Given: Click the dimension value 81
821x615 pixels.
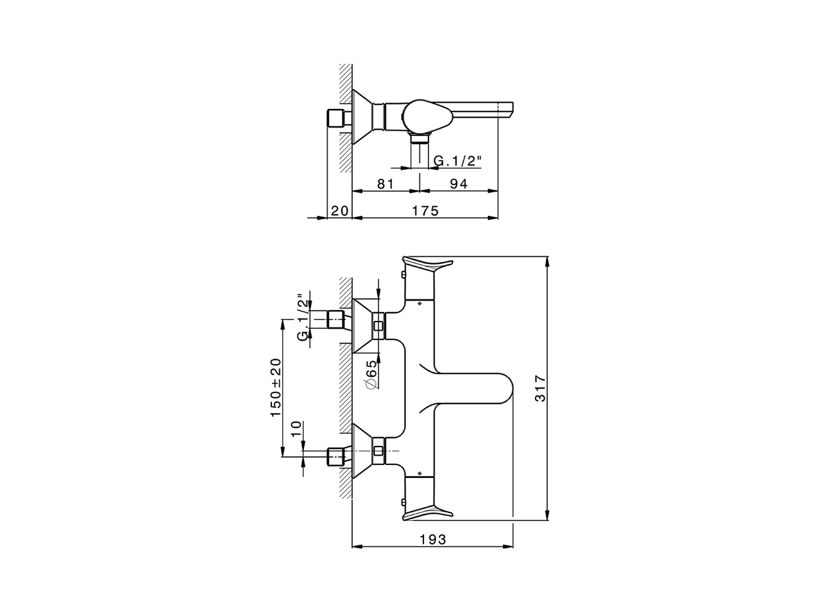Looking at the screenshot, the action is [x=385, y=184].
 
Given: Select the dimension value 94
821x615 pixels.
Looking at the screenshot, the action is [x=459, y=184].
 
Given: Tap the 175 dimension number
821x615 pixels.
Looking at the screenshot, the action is [x=425, y=211].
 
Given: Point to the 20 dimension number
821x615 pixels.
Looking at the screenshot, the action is [x=339, y=211].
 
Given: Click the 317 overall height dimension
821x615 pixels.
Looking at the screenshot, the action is [x=541, y=388].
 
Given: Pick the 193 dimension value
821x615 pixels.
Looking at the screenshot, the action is [x=433, y=539].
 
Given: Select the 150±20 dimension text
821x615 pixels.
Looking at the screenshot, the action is [x=276, y=388].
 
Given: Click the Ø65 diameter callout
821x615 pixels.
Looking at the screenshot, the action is [x=371, y=375].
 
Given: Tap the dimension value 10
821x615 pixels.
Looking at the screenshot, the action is [x=296, y=429].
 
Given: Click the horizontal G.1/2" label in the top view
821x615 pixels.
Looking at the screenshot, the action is [x=457, y=161].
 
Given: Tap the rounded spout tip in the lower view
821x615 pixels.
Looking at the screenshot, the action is [x=505, y=388].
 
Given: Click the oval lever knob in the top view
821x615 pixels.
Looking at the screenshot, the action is [x=428, y=116].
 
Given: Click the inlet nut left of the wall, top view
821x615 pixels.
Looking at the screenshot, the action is [x=336, y=119].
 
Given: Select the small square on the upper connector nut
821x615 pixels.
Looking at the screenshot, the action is [x=378, y=326].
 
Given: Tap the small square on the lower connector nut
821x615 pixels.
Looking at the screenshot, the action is [x=378, y=451].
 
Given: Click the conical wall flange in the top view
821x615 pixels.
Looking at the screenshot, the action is [x=362, y=116].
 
